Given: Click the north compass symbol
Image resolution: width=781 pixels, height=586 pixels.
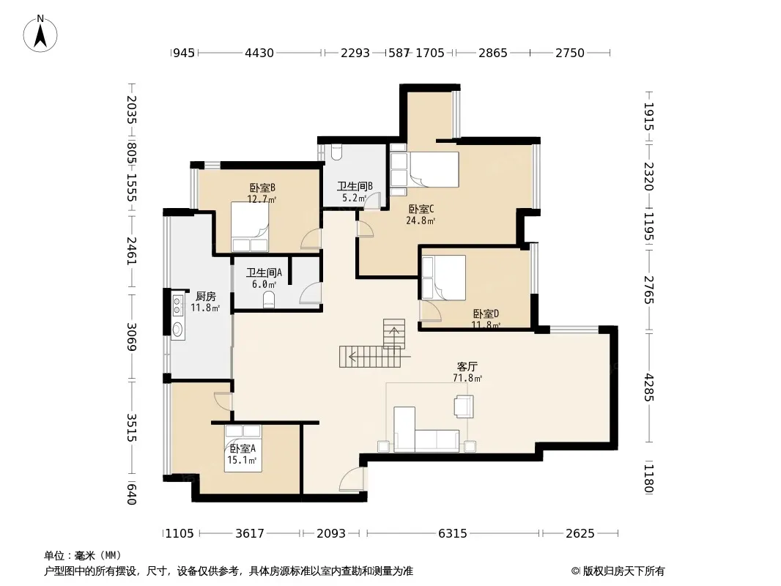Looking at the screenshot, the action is pyautogui.click(x=40, y=34).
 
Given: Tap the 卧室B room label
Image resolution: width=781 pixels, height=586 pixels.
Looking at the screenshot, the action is pyautogui.click(x=262, y=188).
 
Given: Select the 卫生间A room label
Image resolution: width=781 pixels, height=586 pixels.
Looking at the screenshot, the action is pyautogui.click(x=264, y=272).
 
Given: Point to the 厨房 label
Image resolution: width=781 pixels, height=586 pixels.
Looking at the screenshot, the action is pyautogui.click(x=205, y=296).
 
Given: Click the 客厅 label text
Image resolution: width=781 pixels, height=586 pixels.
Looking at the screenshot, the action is pyautogui.click(x=467, y=366).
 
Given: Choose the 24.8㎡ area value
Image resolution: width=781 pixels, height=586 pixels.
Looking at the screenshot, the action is pyautogui.click(x=421, y=220).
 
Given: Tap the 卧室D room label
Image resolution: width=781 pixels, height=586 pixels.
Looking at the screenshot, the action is pyautogui.click(x=486, y=314).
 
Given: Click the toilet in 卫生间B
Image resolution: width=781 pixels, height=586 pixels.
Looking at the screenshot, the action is pyautogui.click(x=336, y=152).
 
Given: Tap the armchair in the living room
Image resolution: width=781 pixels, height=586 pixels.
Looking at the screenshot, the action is pyautogui.click(x=463, y=405).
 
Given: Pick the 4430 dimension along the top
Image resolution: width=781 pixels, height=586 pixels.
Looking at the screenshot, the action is pyautogui.click(x=259, y=53).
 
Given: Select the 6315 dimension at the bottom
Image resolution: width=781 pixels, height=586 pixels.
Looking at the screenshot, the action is pyautogui.click(x=453, y=534).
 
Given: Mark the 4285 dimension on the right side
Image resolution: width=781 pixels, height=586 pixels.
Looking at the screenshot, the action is pyautogui.click(x=648, y=387).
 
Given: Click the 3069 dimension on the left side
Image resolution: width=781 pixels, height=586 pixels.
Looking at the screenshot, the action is pyautogui.click(x=131, y=336).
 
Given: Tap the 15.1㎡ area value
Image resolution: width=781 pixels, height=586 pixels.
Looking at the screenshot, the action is pyautogui.click(x=242, y=460).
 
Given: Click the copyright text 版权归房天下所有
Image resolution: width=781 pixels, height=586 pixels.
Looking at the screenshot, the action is pyautogui.click(x=623, y=571).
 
